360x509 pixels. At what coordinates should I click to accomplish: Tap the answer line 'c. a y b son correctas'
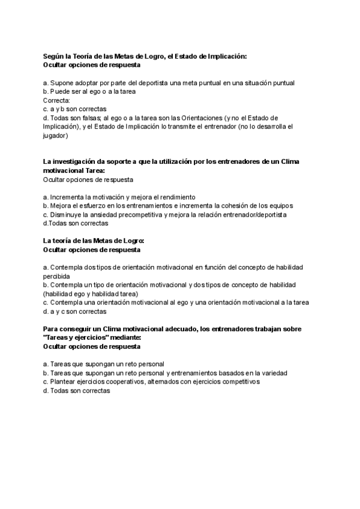(x=75, y=109)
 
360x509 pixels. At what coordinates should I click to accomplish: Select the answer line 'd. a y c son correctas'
(x=75, y=312)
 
